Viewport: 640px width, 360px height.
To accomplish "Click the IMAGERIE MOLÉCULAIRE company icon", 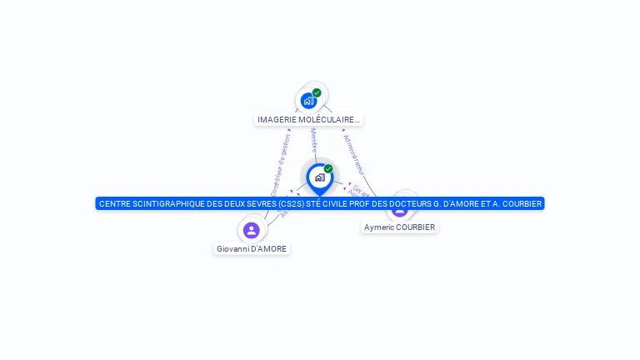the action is [308, 101].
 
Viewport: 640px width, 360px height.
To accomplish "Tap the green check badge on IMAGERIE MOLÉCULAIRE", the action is [317, 92].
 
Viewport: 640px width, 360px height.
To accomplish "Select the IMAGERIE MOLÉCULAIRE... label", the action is [308, 120].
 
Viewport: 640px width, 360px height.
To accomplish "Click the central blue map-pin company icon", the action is [319, 177].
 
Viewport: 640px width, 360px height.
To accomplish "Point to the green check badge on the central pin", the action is [328, 168].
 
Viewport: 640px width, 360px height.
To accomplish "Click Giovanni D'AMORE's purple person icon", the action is [251, 230].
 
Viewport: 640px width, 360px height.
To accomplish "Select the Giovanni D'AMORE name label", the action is [252, 248].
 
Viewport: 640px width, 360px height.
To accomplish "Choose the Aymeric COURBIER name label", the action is [400, 227].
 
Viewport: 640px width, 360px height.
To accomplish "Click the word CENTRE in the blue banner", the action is [114, 203].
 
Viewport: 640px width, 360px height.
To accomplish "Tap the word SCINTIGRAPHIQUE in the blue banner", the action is [167, 203].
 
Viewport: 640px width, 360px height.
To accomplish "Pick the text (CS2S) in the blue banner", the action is [292, 203].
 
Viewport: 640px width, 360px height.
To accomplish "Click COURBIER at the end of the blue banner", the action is [522, 203].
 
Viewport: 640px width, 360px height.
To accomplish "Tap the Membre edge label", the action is [313, 139].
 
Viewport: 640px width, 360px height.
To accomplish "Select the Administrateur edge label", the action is [353, 153].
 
